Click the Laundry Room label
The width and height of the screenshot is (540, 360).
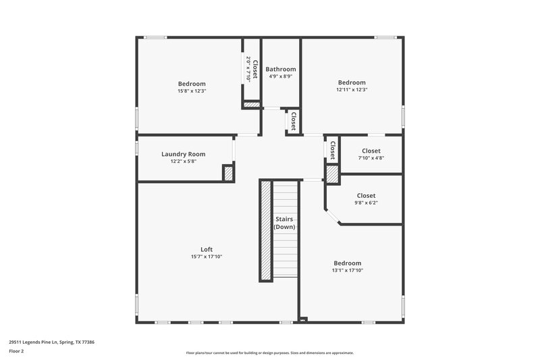(183, 154)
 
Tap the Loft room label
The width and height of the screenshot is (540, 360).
(206, 249)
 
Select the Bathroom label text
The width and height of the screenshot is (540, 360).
(280, 69)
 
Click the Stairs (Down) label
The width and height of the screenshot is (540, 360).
(284, 223)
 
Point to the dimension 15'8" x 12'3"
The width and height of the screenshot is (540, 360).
(192, 91)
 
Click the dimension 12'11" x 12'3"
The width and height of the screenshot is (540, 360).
(352, 89)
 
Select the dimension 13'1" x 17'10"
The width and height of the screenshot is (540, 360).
(347, 270)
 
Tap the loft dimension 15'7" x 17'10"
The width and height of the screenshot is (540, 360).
(206, 257)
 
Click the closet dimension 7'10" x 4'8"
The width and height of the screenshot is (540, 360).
(371, 157)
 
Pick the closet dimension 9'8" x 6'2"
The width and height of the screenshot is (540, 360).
(366, 202)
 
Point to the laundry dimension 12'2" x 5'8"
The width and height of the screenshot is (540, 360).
(183, 161)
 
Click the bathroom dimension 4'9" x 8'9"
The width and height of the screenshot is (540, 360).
(280, 76)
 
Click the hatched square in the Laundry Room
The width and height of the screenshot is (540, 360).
(228, 173)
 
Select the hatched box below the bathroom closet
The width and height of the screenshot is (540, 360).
(251, 105)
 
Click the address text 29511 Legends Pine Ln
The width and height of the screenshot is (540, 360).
(51, 342)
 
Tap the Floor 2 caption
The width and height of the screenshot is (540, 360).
(16, 351)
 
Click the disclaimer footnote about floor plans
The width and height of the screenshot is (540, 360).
(269, 353)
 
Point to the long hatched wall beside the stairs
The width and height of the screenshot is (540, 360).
(266, 230)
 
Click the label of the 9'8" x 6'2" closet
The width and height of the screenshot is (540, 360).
(366, 195)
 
